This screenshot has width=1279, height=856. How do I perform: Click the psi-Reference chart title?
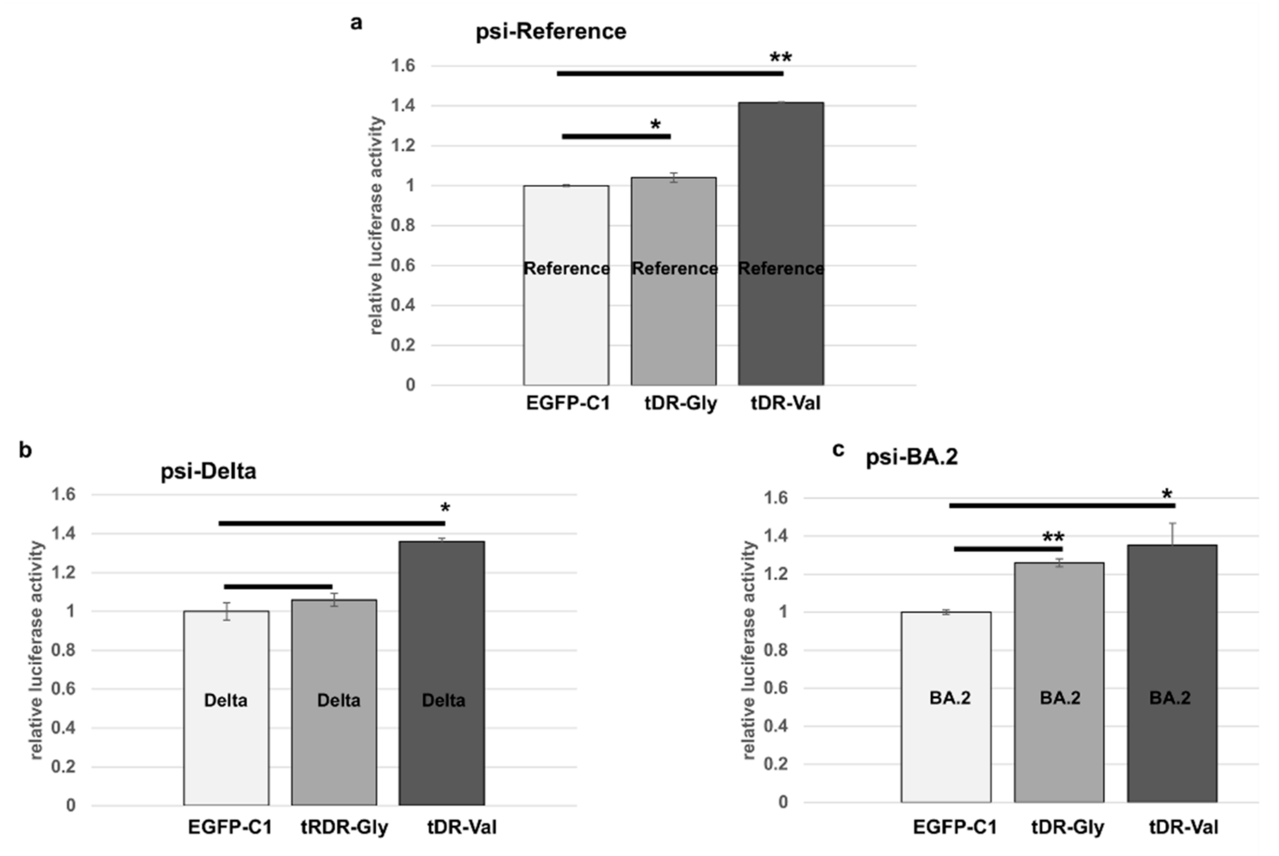tap(551, 32)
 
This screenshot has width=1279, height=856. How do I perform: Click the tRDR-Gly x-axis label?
tap(344, 827)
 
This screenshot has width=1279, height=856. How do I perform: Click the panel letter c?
tap(838, 449)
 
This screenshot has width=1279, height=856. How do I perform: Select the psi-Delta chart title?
tap(208, 471)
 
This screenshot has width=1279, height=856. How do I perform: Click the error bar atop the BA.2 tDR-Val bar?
tap(1172, 534)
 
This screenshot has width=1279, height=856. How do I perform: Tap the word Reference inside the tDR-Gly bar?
tap(674, 269)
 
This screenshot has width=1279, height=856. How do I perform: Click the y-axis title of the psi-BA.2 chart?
tap(749, 650)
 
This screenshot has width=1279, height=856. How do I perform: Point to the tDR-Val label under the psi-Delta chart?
tap(462, 827)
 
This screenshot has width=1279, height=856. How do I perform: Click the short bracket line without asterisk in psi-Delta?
tap(278, 587)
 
